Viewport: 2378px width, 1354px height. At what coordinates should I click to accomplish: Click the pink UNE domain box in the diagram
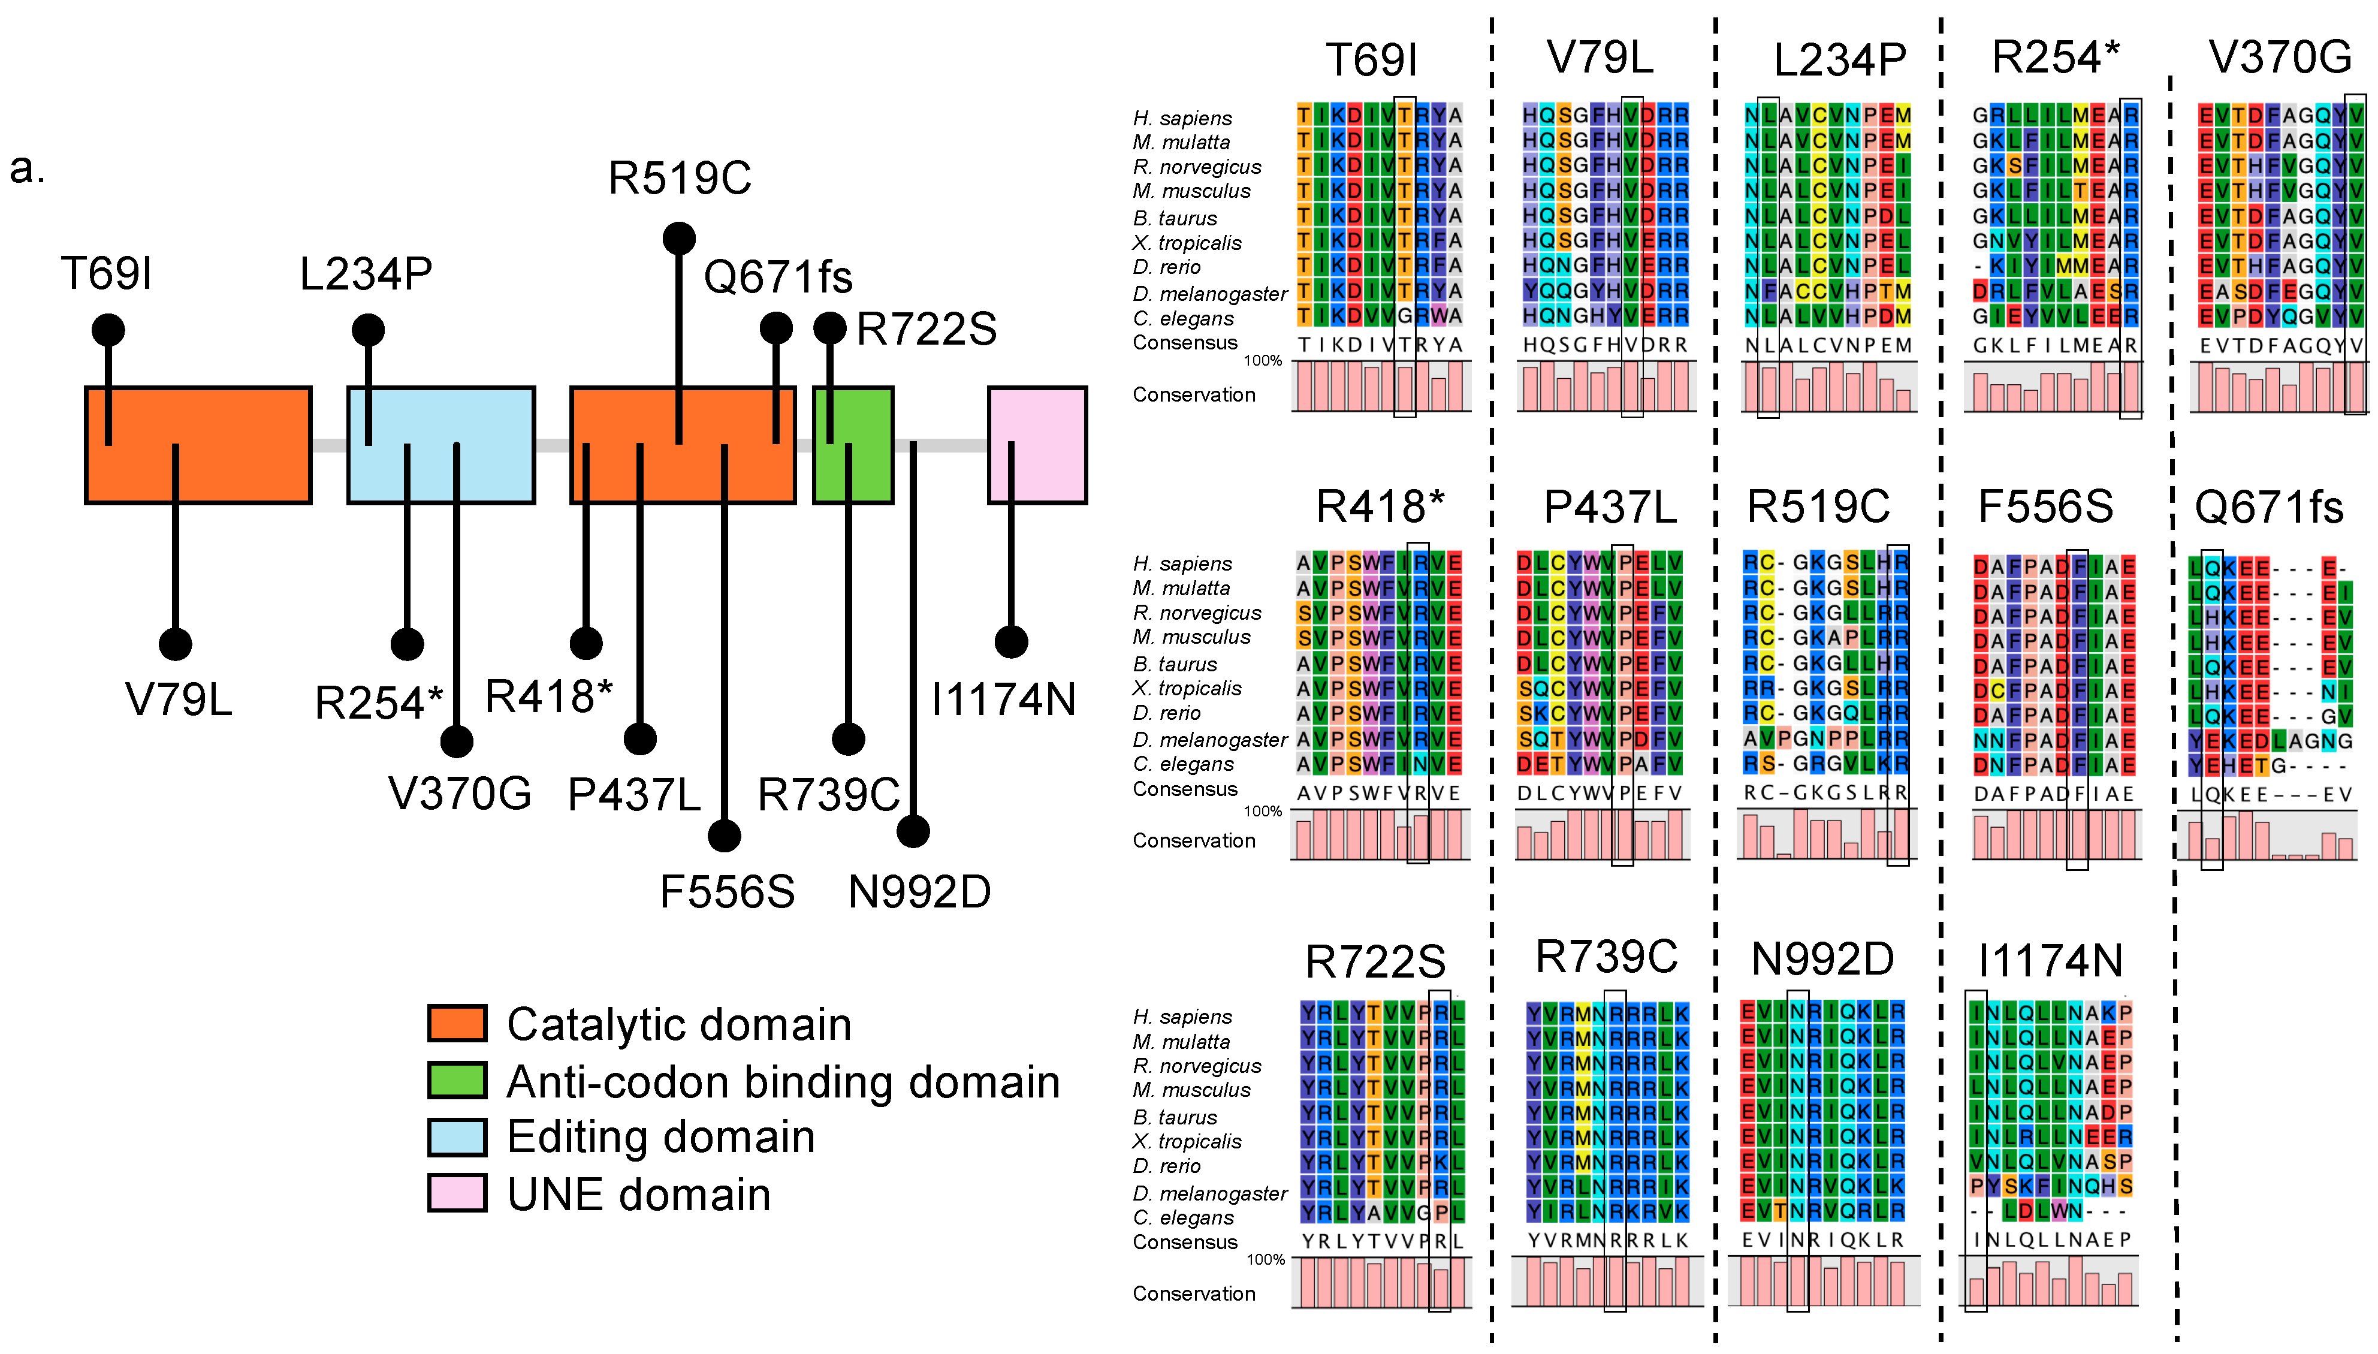(x=1037, y=445)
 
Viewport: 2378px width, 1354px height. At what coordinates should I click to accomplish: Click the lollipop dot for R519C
(x=678, y=238)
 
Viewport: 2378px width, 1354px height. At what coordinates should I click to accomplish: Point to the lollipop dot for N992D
(x=913, y=830)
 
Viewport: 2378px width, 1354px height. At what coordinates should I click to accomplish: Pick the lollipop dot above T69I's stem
(x=108, y=329)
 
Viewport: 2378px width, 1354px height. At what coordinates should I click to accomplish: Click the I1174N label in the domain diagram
(x=1003, y=699)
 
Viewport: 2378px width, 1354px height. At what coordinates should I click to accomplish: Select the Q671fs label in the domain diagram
(x=777, y=276)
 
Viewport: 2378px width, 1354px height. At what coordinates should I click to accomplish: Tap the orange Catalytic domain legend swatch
(x=457, y=1023)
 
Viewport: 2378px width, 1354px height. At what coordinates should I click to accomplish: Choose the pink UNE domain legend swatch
(x=457, y=1193)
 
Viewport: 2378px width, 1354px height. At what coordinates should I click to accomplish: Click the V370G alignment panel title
(x=2280, y=58)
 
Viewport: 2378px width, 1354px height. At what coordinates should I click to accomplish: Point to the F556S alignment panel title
(x=2044, y=508)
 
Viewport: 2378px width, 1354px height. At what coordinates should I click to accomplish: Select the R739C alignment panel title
(x=1606, y=957)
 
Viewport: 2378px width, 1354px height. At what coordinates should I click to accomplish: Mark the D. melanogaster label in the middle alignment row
(x=1209, y=740)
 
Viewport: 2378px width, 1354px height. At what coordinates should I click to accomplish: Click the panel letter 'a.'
(x=27, y=168)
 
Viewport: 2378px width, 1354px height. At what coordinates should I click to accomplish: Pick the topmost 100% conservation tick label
(x=1263, y=361)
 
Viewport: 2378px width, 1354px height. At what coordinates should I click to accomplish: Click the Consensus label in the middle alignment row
(x=1184, y=789)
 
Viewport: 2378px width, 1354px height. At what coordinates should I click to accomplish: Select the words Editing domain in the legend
(x=660, y=1136)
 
